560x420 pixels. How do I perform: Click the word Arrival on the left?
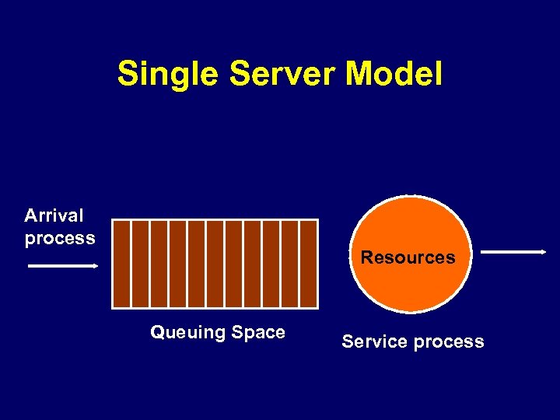pos(54,215)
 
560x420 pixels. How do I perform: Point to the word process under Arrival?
pos(60,238)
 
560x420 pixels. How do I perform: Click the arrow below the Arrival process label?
pos(62,266)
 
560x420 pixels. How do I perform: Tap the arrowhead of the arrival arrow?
pos(95,266)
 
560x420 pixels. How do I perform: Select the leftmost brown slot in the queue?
pos(121,264)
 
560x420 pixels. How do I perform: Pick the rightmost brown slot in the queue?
pos(309,264)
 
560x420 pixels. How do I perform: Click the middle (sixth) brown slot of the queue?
pos(215,264)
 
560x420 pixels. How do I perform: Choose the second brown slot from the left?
pos(140,264)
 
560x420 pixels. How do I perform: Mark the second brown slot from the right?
pos(290,264)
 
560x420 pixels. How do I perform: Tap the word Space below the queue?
pos(259,333)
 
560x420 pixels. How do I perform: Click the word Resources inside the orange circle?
pos(408,257)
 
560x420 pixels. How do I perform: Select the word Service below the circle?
pos(374,341)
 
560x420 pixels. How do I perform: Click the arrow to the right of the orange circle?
pos(513,252)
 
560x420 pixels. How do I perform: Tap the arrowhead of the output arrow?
pos(544,252)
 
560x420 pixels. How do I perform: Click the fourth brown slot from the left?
pos(177,264)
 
